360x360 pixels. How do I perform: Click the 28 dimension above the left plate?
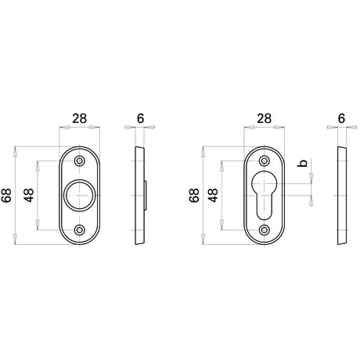click(x=79, y=119)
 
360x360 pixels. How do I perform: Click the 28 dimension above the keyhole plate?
click(x=264, y=119)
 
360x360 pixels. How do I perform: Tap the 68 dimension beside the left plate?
click(x=6, y=195)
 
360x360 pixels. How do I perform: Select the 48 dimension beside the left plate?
click(x=29, y=195)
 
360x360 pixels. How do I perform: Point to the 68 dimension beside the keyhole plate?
click(x=194, y=195)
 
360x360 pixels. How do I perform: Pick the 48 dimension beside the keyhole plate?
click(x=214, y=195)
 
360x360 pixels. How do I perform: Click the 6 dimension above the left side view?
click(x=140, y=119)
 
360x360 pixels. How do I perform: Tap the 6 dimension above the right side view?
click(x=341, y=119)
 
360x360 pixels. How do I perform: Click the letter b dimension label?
click(x=303, y=163)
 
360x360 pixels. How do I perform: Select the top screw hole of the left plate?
click(x=79, y=160)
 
